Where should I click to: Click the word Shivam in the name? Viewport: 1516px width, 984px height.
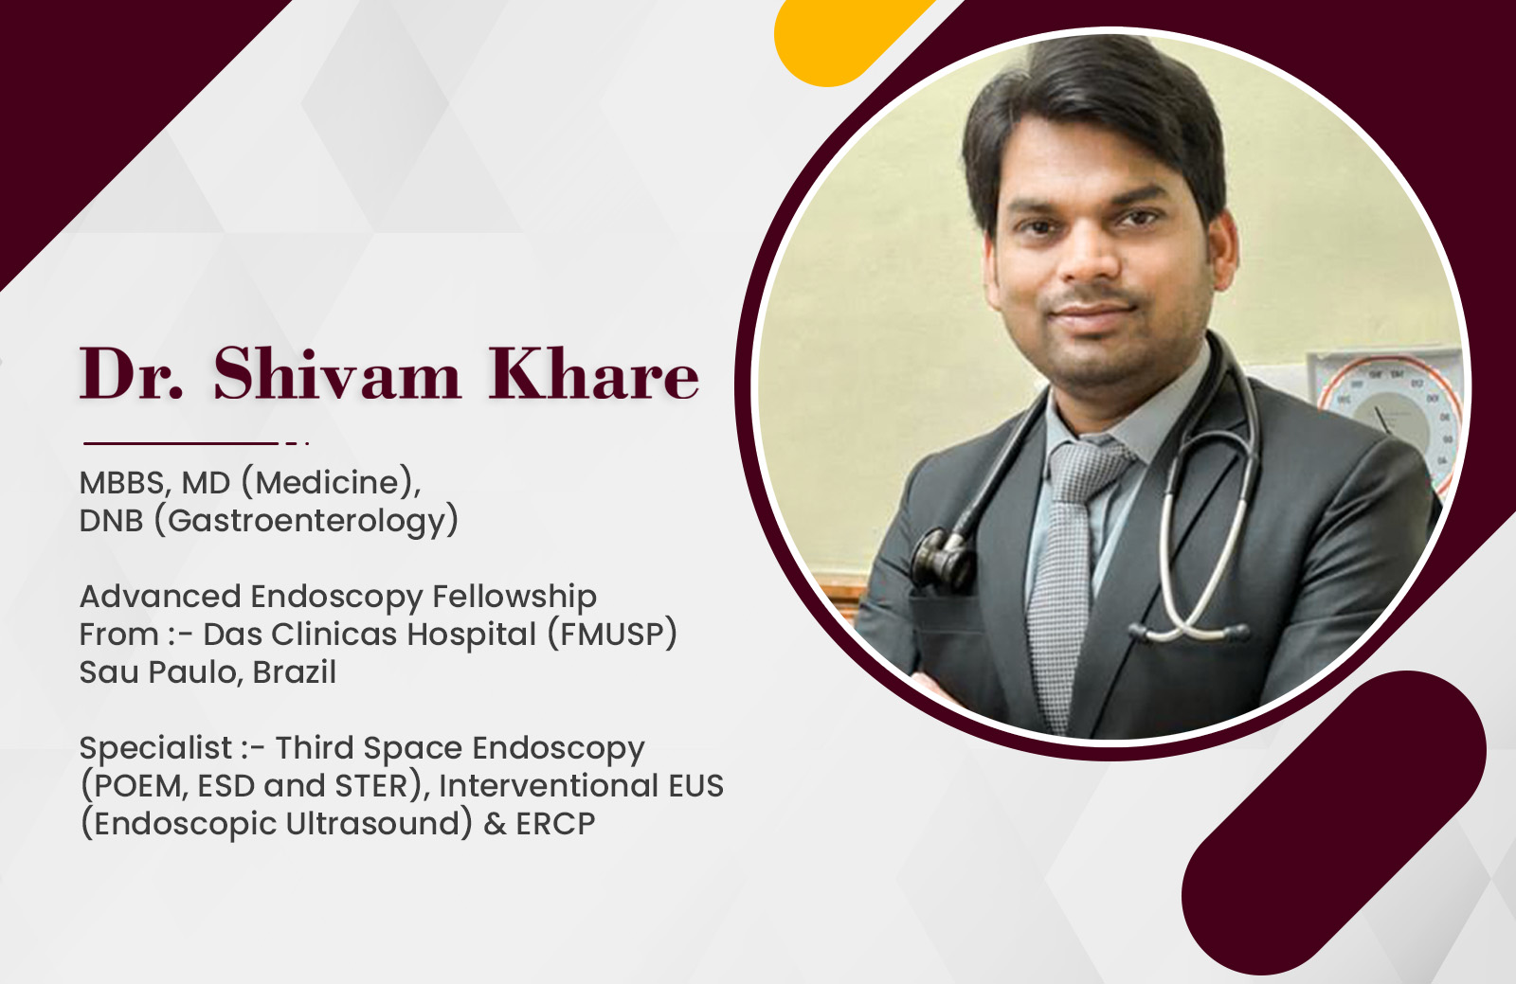pos(337,374)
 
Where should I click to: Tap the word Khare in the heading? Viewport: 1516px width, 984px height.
pos(593,374)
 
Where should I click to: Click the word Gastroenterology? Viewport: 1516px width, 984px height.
pos(307,522)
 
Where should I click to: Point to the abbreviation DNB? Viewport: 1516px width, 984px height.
pos(111,522)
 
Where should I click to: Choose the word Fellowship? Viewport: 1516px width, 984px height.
pos(514,597)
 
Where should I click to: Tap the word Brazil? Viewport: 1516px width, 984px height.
pos(295,672)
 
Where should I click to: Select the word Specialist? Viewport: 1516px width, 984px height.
pos(155,748)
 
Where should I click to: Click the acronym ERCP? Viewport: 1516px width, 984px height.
pos(555,824)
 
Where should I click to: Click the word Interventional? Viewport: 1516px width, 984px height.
pos(549,786)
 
